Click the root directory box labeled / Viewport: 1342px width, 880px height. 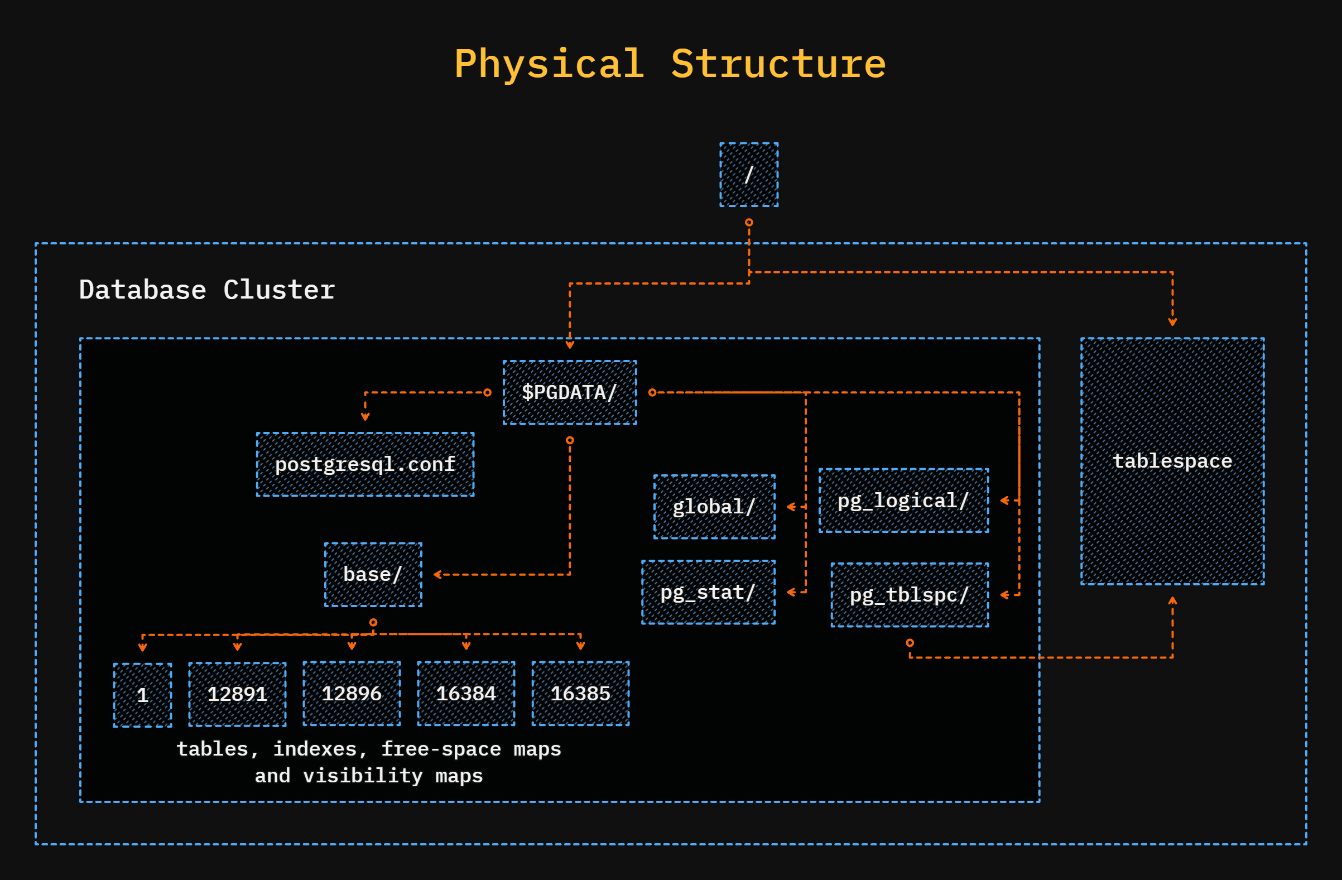[749, 175]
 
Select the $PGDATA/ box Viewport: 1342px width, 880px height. [570, 392]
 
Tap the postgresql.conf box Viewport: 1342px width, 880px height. [365, 464]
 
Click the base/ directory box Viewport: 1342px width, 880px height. [373, 574]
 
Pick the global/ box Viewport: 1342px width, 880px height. [714, 507]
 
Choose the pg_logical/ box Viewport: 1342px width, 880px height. [903, 501]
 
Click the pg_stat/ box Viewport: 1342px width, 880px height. [708, 592]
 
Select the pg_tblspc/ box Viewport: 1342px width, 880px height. [910, 595]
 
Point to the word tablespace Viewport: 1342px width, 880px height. [1172, 461]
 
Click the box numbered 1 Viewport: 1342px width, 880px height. [143, 695]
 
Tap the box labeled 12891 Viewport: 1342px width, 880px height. [237, 694]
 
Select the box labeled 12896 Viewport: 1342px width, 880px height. [352, 694]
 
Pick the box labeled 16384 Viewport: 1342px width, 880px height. [466, 694]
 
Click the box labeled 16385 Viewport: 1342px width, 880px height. [580, 694]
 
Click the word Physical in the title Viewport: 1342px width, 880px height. [549, 64]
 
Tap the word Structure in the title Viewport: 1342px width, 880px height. [778, 64]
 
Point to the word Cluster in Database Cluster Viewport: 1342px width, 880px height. [279, 290]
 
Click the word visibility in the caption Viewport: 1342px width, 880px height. [363, 776]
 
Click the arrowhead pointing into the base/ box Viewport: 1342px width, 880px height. [437, 574]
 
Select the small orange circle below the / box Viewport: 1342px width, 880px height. [749, 223]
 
